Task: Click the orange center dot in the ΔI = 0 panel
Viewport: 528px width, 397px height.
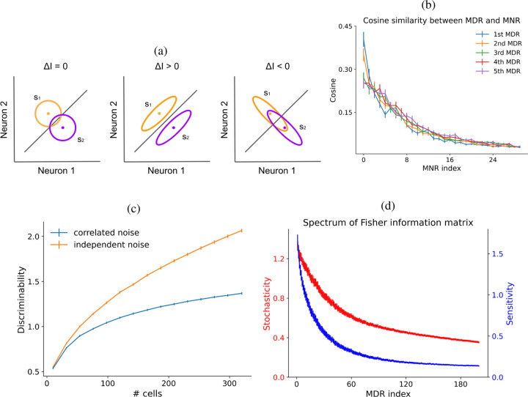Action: [48, 113]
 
